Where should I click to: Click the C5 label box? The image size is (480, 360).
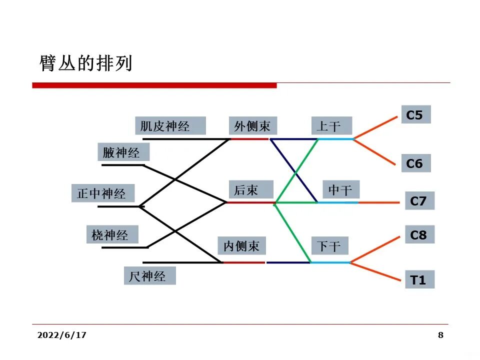click(x=415, y=115)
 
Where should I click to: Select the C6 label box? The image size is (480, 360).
click(x=415, y=163)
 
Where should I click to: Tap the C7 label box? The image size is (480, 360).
click(x=419, y=201)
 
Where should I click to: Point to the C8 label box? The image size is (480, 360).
click(x=419, y=234)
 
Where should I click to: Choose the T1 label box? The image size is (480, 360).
click(x=419, y=280)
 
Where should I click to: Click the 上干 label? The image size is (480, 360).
click(x=331, y=126)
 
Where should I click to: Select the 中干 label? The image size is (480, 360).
click(x=341, y=190)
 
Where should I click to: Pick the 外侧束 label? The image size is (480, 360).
click(x=252, y=125)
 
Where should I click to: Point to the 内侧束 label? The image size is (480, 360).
click(x=241, y=245)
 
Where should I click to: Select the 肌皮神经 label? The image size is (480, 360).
click(x=170, y=125)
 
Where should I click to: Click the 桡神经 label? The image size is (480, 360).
click(x=111, y=234)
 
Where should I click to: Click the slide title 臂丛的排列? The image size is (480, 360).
click(x=86, y=63)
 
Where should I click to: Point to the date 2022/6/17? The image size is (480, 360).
click(x=62, y=335)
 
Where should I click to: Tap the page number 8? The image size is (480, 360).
click(x=440, y=335)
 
